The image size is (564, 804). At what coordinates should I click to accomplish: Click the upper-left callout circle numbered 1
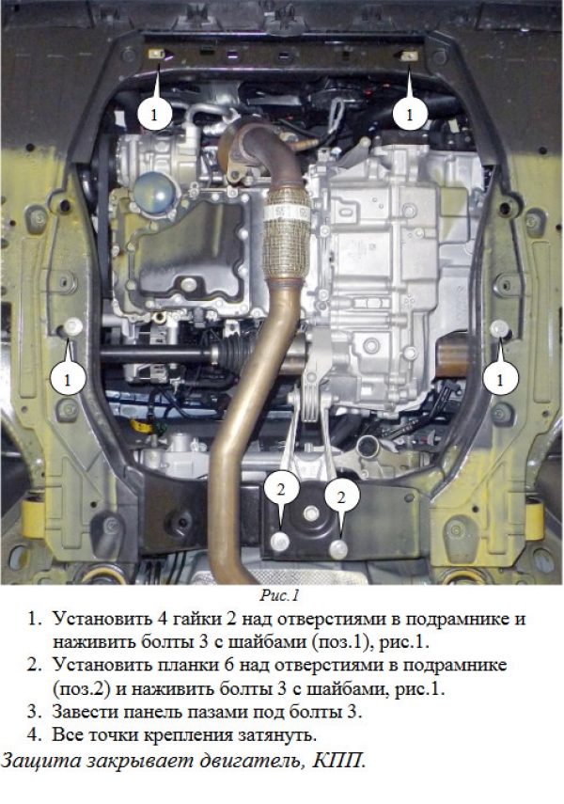(x=154, y=114)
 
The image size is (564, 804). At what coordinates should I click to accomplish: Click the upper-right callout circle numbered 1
(x=409, y=114)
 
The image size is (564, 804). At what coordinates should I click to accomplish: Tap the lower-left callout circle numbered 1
(x=68, y=379)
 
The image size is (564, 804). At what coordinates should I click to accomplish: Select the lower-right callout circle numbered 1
(x=500, y=379)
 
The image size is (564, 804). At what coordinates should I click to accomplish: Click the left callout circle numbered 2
(x=280, y=489)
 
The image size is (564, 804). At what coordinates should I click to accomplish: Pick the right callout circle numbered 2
(x=341, y=497)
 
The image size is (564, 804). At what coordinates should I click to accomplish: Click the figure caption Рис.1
(x=279, y=595)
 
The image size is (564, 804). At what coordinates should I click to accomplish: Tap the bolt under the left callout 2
(x=280, y=542)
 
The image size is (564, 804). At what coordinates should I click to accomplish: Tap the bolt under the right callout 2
(x=339, y=548)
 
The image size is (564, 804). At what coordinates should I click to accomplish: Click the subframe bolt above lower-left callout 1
(x=74, y=325)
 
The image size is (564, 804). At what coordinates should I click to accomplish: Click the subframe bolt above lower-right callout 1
(x=498, y=327)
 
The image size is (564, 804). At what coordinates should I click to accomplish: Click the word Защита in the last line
(x=41, y=761)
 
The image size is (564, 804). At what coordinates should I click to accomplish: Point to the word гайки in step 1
(x=194, y=619)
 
